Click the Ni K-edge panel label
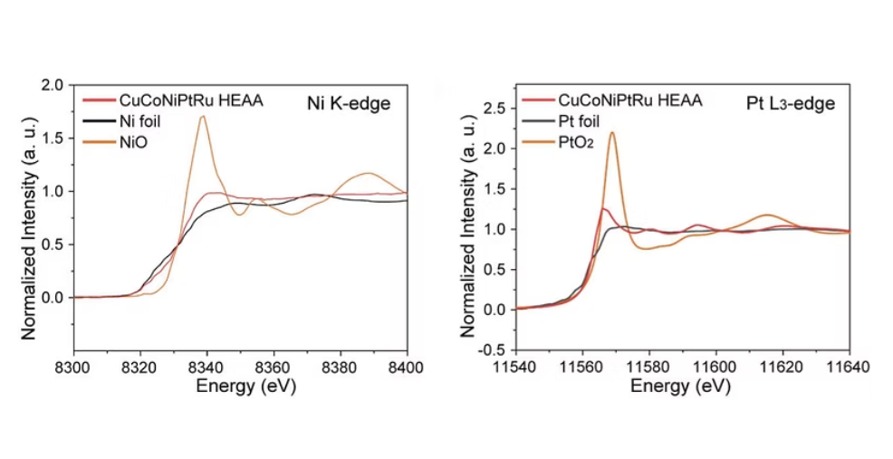click(x=348, y=103)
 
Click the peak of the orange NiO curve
click(x=203, y=116)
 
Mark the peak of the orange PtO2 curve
click(x=612, y=132)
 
